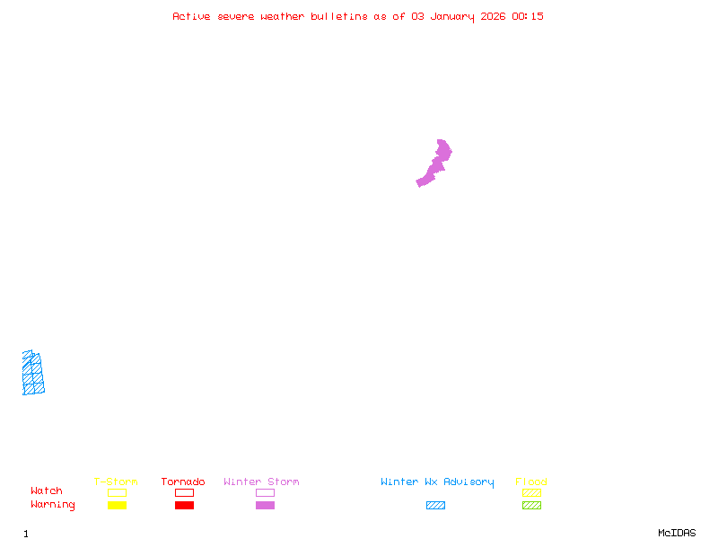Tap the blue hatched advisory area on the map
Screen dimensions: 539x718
click(x=32, y=374)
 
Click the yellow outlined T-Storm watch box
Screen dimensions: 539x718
click(x=117, y=492)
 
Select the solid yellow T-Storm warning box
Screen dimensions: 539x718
click(x=117, y=505)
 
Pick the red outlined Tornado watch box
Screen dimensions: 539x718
click(x=184, y=492)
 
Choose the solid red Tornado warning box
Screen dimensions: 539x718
click(x=184, y=505)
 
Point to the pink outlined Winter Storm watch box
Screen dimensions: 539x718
click(x=265, y=492)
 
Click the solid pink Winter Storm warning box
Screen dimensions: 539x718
click(x=265, y=505)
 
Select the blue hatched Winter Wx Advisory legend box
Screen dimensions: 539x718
click(x=435, y=505)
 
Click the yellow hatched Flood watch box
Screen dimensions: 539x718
click(x=531, y=492)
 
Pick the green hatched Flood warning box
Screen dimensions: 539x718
click(x=531, y=505)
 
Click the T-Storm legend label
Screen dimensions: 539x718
click(x=116, y=482)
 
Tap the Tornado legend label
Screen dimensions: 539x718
click(x=183, y=482)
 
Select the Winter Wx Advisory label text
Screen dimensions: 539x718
click(x=437, y=482)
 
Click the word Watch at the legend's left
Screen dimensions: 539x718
click(x=47, y=491)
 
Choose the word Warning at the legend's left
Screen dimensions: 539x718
click(x=53, y=505)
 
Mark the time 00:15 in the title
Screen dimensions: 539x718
click(x=527, y=16)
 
